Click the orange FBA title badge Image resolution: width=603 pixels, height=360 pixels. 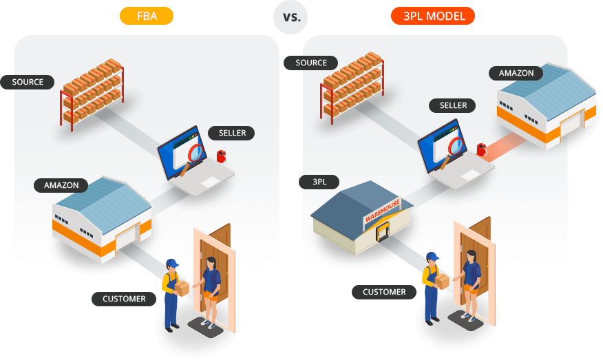(147, 16)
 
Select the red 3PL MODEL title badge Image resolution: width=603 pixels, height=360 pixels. (433, 16)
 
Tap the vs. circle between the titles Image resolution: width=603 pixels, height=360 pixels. (290, 17)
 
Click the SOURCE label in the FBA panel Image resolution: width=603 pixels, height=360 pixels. (28, 82)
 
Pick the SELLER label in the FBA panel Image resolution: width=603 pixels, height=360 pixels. (231, 133)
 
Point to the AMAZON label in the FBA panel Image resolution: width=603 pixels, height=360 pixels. (61, 185)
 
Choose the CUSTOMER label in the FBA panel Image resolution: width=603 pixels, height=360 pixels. (124, 299)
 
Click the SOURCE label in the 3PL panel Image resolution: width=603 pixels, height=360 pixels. (310, 63)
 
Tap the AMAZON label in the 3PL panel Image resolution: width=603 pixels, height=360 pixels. (516, 73)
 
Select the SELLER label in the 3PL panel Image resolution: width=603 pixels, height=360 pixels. (453, 105)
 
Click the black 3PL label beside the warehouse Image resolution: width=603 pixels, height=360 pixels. (319, 182)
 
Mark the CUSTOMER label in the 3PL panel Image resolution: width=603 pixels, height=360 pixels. (384, 292)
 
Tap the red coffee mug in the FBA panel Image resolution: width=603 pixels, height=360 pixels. (221, 156)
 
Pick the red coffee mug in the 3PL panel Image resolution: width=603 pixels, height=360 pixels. (481, 149)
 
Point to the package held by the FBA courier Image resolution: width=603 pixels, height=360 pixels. (182, 288)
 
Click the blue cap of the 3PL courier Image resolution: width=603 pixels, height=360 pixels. (433, 256)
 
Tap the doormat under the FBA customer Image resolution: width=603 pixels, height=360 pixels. (205, 328)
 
